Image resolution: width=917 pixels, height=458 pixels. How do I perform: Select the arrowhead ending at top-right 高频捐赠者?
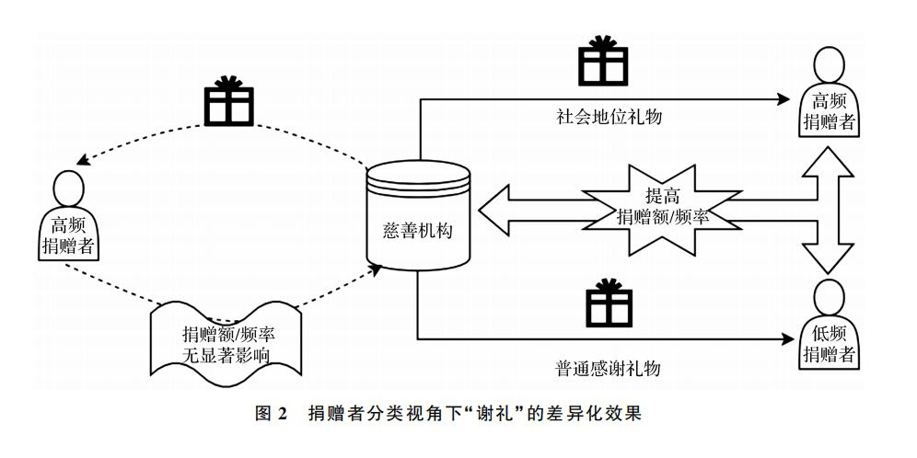(x=783, y=97)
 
